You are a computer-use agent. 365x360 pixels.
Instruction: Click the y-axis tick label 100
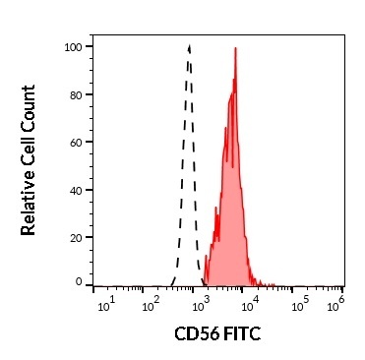click(x=71, y=46)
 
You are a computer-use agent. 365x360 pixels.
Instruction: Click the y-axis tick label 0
click(x=78, y=282)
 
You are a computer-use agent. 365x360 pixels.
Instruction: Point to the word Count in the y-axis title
click(x=29, y=109)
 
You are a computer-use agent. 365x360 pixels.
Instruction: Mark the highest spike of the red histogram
click(x=236, y=48)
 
